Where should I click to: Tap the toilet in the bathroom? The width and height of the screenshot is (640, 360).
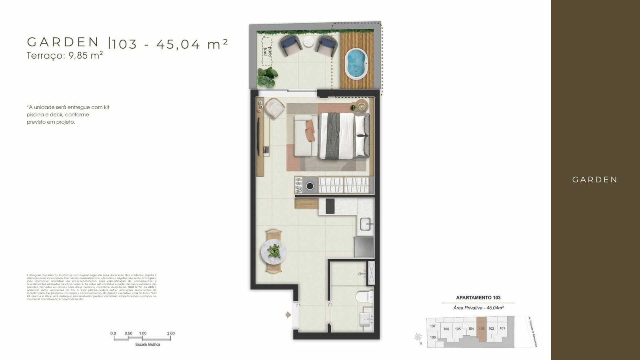click(x=363, y=296)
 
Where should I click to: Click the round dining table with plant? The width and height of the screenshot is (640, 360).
click(x=274, y=251)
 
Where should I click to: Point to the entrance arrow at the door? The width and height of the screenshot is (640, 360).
click(x=288, y=315)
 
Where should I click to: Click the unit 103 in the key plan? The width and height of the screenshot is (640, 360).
click(x=482, y=329)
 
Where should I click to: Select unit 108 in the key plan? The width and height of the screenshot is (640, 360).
click(x=432, y=337)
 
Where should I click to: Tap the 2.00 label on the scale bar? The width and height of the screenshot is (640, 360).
click(x=171, y=333)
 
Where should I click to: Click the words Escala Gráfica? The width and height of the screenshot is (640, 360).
click(x=148, y=344)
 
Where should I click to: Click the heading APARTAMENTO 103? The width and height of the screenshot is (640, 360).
click(x=478, y=298)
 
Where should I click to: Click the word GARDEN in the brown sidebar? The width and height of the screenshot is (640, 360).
click(x=595, y=180)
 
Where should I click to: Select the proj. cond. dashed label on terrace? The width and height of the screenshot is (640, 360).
click(x=267, y=51)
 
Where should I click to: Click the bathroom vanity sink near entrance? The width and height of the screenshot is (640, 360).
click(x=366, y=319)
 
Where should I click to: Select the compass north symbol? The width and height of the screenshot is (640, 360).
click(x=418, y=337)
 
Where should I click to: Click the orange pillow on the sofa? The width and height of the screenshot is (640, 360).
click(x=310, y=131)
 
